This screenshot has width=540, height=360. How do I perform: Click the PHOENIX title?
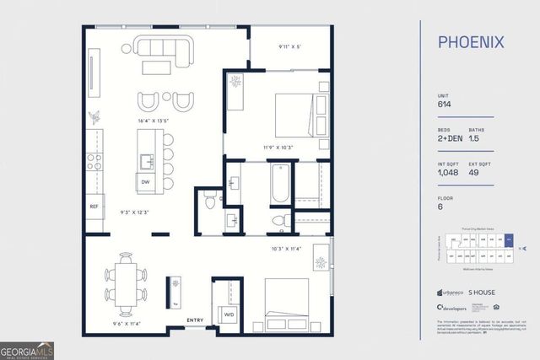coord(471,41)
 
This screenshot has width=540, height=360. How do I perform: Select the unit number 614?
coord(444,105)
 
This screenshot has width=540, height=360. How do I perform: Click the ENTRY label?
coord(195,320)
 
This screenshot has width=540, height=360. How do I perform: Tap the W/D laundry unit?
coord(229,315)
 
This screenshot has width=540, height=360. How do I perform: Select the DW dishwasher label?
coord(145,180)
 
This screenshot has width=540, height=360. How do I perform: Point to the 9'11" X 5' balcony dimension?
coord(290,46)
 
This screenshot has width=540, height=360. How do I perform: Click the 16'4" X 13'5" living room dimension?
coord(154,121)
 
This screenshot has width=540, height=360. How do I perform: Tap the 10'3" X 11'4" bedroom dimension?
coord(287,249)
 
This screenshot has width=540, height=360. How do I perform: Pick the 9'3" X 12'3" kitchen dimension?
coord(135,212)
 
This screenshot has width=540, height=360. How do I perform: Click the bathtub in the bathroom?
coord(280,183)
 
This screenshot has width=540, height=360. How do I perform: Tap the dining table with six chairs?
coord(126,283)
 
